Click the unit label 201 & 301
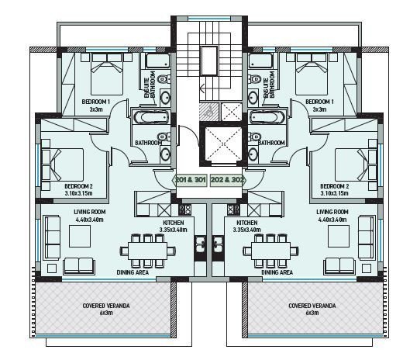[190, 180]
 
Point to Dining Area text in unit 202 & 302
[277, 273]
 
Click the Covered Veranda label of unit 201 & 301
[105, 309]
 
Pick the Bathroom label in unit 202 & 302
[270, 143]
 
